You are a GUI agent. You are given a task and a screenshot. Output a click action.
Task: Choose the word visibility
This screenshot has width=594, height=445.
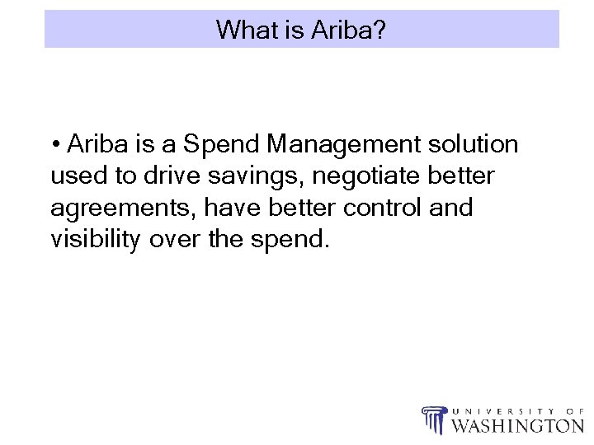coord(96,240)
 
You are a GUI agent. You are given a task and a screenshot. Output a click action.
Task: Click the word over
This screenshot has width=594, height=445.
coord(172,240)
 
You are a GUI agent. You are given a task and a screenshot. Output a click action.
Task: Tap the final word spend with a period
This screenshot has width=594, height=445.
coord(290,241)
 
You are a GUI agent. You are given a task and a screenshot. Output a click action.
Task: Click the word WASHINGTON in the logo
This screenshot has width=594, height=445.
coord(518,425)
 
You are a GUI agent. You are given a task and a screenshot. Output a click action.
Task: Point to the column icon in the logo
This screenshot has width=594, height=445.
coord(433,419)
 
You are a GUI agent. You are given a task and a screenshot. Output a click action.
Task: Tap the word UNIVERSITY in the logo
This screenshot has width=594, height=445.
coord(495,410)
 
